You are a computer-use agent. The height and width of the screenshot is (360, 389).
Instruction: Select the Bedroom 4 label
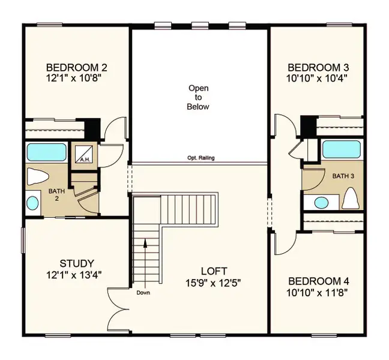pyautogui.click(x=318, y=281)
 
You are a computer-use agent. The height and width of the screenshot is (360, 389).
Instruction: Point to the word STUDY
pyautogui.click(x=76, y=263)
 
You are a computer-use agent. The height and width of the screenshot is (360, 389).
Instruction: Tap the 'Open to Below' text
pyautogui.click(x=199, y=97)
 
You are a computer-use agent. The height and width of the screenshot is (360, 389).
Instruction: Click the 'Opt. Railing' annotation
pyautogui.click(x=200, y=158)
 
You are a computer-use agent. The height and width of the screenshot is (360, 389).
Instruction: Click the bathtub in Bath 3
pyautogui.click(x=341, y=149)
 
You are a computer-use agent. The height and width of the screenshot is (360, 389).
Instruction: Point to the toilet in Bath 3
pyautogui.click(x=350, y=199)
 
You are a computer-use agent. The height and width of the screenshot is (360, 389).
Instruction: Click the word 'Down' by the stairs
pyautogui.click(x=143, y=293)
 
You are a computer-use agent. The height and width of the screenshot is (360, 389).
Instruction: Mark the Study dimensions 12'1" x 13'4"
pyautogui.click(x=76, y=275)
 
